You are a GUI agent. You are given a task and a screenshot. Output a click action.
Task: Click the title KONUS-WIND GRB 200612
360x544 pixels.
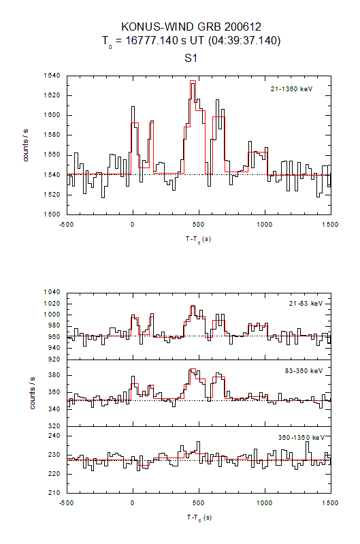click(x=191, y=27)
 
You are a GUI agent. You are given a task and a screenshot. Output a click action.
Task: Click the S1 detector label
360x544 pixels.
click(x=191, y=59)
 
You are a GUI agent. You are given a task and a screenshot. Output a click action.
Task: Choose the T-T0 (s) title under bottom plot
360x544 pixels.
click(x=198, y=517)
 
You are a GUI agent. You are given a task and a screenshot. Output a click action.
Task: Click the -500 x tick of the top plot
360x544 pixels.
click(x=66, y=223)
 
